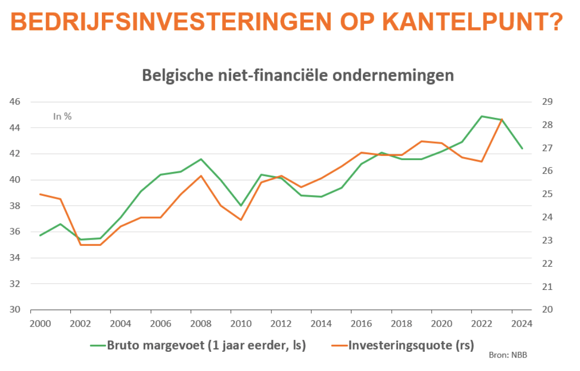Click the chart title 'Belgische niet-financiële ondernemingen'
298,75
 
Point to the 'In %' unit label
63,117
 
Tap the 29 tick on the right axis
547,102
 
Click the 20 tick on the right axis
547,310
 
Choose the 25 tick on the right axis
547,194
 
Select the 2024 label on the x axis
522,324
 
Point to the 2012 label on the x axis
281,324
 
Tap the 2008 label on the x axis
201,324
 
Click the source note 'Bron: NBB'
508,356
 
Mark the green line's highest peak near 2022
482,116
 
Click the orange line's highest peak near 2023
501,119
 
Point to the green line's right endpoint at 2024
522,148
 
